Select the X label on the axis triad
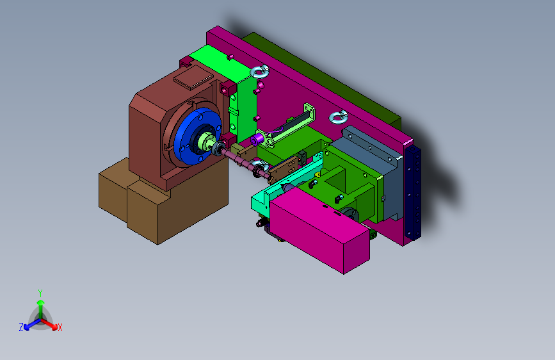click(60, 327)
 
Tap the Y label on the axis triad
click(40, 293)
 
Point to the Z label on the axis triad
click(21, 327)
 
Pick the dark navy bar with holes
click(413, 193)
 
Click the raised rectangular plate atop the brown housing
click(193, 78)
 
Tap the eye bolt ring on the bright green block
click(260, 72)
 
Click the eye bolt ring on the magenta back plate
click(339, 117)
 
